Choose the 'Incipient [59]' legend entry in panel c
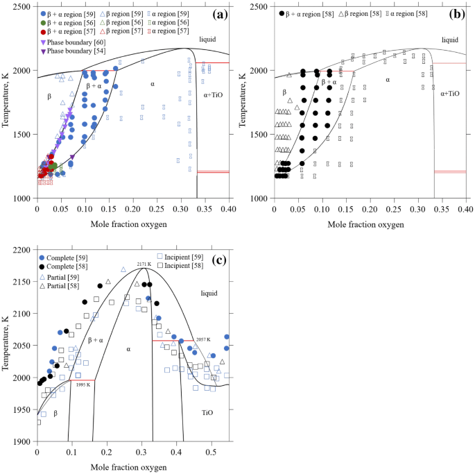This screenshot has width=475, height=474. coord(182,257)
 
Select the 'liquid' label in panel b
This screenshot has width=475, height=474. coord(449,40)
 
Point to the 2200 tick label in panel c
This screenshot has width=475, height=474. coord(23,249)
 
